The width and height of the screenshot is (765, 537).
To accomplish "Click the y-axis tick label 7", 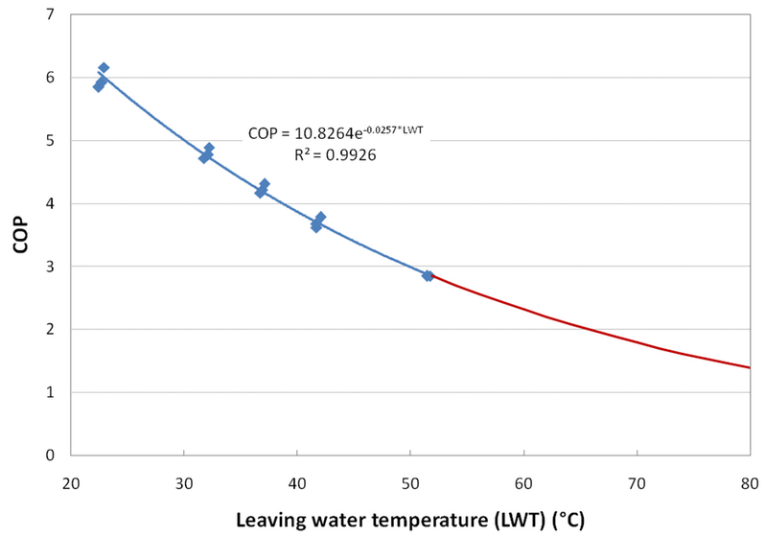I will [x=49, y=15].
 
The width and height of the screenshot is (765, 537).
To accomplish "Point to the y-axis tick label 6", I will [x=49, y=78].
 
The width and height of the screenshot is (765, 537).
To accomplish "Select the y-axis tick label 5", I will [x=49, y=141].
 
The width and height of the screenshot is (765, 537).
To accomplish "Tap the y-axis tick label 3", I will [x=49, y=267].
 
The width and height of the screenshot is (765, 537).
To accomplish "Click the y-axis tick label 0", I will [x=49, y=455].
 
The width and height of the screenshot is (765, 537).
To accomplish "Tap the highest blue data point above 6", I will [x=104, y=68].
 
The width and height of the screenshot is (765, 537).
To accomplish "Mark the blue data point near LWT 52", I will [x=428, y=275].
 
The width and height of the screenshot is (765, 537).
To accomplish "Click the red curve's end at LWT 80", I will [x=748, y=367].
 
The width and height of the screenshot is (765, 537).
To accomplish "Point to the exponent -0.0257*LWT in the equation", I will [x=395, y=127].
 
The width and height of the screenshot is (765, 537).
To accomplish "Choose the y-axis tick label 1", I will [x=49, y=392].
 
